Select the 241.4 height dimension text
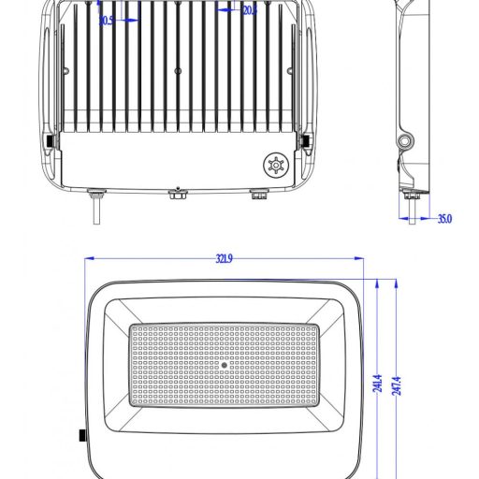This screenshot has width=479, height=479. click(377, 384)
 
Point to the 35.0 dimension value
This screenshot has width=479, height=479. click(444, 219)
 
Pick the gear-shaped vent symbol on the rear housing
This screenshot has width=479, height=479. click(275, 165)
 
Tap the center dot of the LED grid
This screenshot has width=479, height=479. click(223, 366)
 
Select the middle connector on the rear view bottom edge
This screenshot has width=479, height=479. click(177, 194)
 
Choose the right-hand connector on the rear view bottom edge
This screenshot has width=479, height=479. click(257, 195)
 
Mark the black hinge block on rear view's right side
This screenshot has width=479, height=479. click(305, 140)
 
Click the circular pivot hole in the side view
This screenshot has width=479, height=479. click(404, 140)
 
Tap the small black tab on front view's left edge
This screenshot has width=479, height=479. click(82, 435)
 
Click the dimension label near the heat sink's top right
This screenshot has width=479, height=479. click(248, 11)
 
